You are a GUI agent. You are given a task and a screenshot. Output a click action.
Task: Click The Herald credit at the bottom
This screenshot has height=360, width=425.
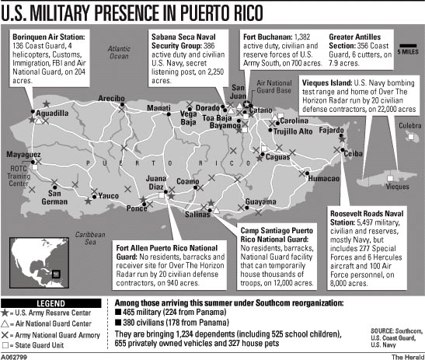pyautogui.click(x=404, y=354)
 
